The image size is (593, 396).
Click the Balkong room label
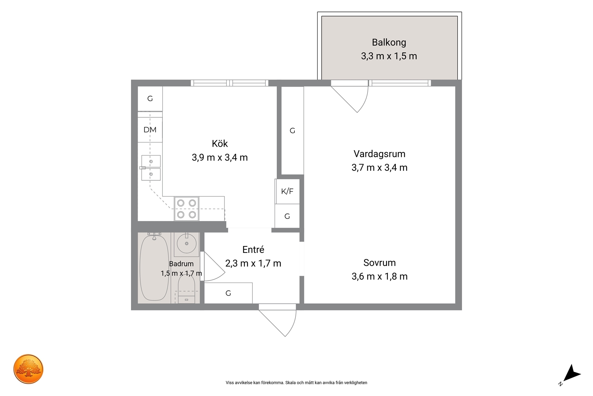coord(389,42)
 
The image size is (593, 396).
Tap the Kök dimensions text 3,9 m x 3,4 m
coord(220,158)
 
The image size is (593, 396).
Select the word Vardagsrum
coord(379,154)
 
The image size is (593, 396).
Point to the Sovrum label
coord(379,263)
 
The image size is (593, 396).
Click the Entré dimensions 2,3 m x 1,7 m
coord(253,263)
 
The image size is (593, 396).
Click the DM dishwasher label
coord(150,130)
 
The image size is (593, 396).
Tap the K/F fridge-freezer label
coord(287,191)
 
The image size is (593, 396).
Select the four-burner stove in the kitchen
coord(186,209)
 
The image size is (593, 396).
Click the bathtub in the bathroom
coord(154,268)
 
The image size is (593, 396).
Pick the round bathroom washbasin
coord(187,244)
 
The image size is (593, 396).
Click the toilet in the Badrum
coord(186,289)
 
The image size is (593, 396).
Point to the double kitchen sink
coord(151,168)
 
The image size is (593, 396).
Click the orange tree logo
coord(28,369)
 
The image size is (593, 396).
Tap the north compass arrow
coord(572,373)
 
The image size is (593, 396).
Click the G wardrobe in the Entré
coord(228,293)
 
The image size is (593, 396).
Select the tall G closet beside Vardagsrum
coord(292,130)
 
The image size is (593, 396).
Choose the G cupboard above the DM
coord(150,99)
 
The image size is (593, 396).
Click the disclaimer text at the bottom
coord(296,383)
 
